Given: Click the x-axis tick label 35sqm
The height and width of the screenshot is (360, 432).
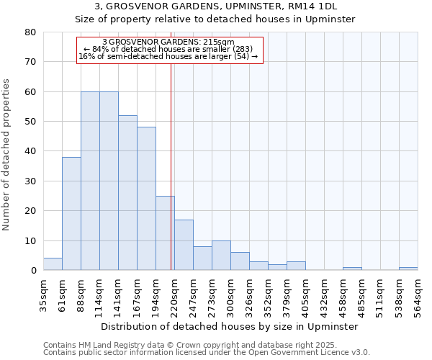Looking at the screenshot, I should [43, 295].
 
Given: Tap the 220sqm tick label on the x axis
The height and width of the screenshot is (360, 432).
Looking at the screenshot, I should [174, 295].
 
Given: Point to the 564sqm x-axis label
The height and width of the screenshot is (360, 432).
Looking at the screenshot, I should [418, 295].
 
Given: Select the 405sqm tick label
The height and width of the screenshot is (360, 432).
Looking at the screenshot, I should [305, 295].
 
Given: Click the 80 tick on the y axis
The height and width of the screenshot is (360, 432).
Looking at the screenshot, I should [30, 32].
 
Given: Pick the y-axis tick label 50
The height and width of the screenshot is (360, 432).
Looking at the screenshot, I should [30, 122].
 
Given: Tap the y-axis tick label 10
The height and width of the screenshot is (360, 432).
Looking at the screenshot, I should [30, 240].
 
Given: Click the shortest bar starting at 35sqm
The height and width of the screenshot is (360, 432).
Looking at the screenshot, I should [53, 264].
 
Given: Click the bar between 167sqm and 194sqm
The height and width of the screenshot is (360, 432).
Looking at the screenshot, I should [146, 199].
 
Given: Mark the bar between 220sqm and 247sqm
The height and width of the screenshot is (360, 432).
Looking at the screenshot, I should [184, 245].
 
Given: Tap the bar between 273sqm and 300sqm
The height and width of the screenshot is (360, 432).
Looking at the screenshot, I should [221, 256].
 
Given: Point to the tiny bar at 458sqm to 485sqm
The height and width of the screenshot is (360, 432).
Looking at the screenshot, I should [352, 269].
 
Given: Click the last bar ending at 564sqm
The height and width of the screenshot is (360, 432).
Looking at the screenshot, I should [408, 269].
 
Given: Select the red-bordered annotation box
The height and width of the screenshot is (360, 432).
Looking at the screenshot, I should [170, 50].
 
